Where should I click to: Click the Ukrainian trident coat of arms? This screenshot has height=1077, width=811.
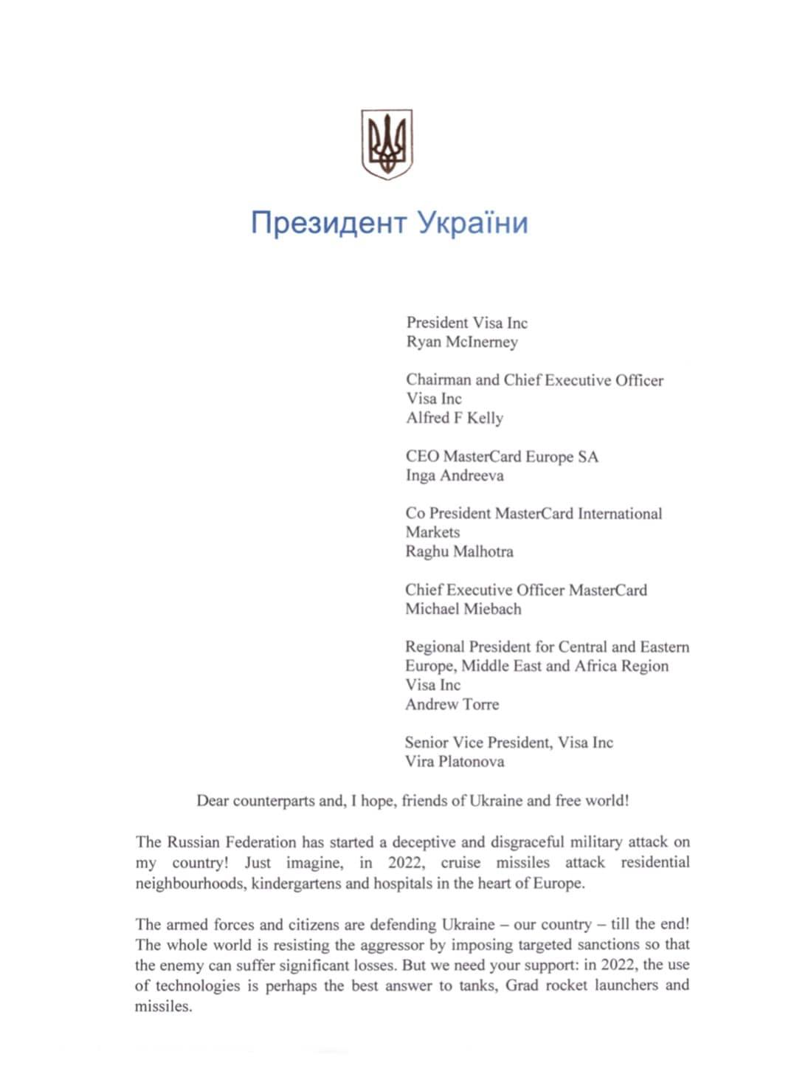tap(387, 144)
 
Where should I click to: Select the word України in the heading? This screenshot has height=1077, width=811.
tap(473, 222)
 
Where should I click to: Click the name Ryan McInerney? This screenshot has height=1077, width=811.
tap(462, 342)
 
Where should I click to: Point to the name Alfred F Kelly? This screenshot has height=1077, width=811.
tap(455, 418)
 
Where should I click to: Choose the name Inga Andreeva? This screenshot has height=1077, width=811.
tap(455, 475)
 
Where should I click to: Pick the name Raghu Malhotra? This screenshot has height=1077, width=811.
tap(459, 551)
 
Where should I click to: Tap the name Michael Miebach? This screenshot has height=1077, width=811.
tap(463, 609)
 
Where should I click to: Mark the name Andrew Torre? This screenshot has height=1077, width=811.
tap(452, 704)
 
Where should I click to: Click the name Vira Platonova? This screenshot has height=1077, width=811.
tap(455, 761)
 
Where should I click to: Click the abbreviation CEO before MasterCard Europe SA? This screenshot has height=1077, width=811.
tap(422, 457)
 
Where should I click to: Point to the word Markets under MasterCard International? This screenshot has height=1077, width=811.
tap(432, 532)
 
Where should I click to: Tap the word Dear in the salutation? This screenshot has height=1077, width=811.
tap(213, 800)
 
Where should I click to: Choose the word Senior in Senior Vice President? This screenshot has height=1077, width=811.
tap(427, 743)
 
